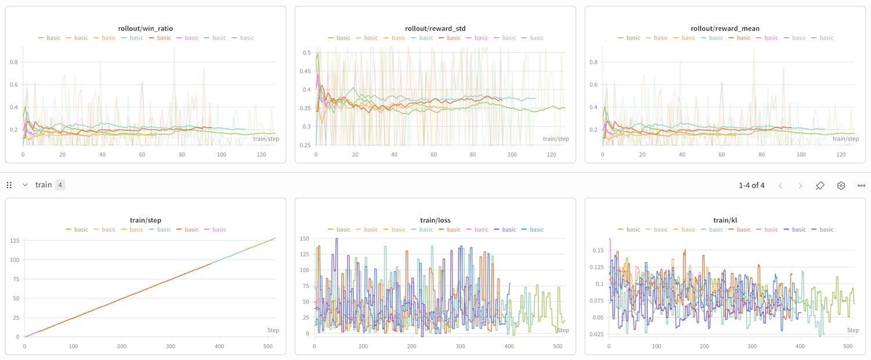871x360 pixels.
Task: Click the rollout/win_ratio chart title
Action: pyautogui.click(x=145, y=28)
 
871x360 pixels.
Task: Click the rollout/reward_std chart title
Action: pyautogui.click(x=435, y=28)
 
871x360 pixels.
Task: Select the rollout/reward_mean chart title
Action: pyautogui.click(x=725, y=28)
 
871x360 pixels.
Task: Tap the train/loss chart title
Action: pyautogui.click(x=435, y=220)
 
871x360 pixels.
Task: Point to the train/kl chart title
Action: pyautogui.click(x=725, y=220)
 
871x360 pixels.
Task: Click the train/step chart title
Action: pyautogui.click(x=145, y=220)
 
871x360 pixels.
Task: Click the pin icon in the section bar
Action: pyautogui.click(x=820, y=185)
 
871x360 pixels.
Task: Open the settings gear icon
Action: pyautogui.click(x=841, y=185)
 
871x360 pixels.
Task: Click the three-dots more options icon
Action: pyautogui.click(x=862, y=185)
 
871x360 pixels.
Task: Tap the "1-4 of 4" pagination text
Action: pyautogui.click(x=751, y=185)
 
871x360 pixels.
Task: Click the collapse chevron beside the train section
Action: pyautogui.click(x=25, y=185)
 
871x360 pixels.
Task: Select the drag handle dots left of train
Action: pyautogui.click(x=9, y=185)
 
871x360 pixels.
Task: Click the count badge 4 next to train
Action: pyautogui.click(x=60, y=185)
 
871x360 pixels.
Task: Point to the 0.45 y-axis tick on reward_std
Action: pyautogui.click(x=305, y=71)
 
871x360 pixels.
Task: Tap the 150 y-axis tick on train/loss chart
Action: pyautogui.click(x=304, y=239)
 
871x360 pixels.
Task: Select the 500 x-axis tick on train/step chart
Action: pyautogui.click(x=267, y=346)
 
